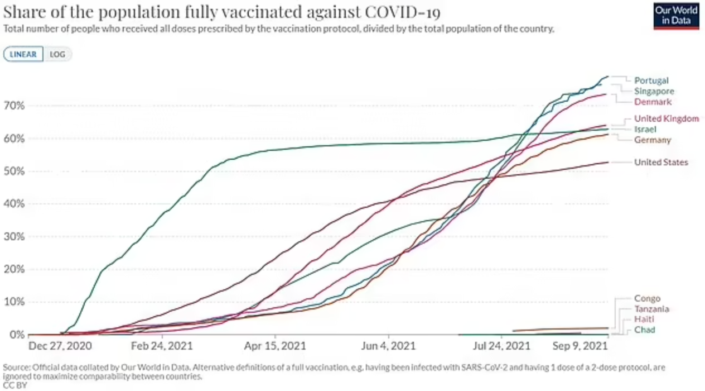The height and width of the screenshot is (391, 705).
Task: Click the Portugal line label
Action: pyautogui.click(x=651, y=80)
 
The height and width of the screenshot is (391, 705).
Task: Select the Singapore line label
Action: pyautogui.click(x=654, y=91)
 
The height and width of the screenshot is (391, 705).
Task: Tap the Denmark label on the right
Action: pyautogui.click(x=653, y=102)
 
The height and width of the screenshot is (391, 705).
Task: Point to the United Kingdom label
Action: pyautogui.click(x=666, y=118)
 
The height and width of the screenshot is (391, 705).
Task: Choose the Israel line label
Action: pyautogui.click(x=645, y=129)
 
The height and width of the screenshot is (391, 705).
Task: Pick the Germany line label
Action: pyautogui.click(x=652, y=140)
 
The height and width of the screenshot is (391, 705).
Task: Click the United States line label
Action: pyautogui.click(x=661, y=162)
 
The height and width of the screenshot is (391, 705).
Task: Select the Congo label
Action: pyautogui.click(x=647, y=298)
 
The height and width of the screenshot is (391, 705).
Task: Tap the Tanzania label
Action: pyautogui.click(x=651, y=309)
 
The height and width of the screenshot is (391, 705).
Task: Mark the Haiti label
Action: pyautogui.click(x=644, y=319)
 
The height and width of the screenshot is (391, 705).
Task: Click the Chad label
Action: pyautogui.click(x=644, y=330)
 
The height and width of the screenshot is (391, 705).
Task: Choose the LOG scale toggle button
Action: pyautogui.click(x=58, y=54)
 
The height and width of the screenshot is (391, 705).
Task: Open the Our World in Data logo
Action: pyautogui.click(x=676, y=16)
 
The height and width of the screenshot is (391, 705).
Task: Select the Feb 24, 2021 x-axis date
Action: pyautogui.click(x=162, y=346)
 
